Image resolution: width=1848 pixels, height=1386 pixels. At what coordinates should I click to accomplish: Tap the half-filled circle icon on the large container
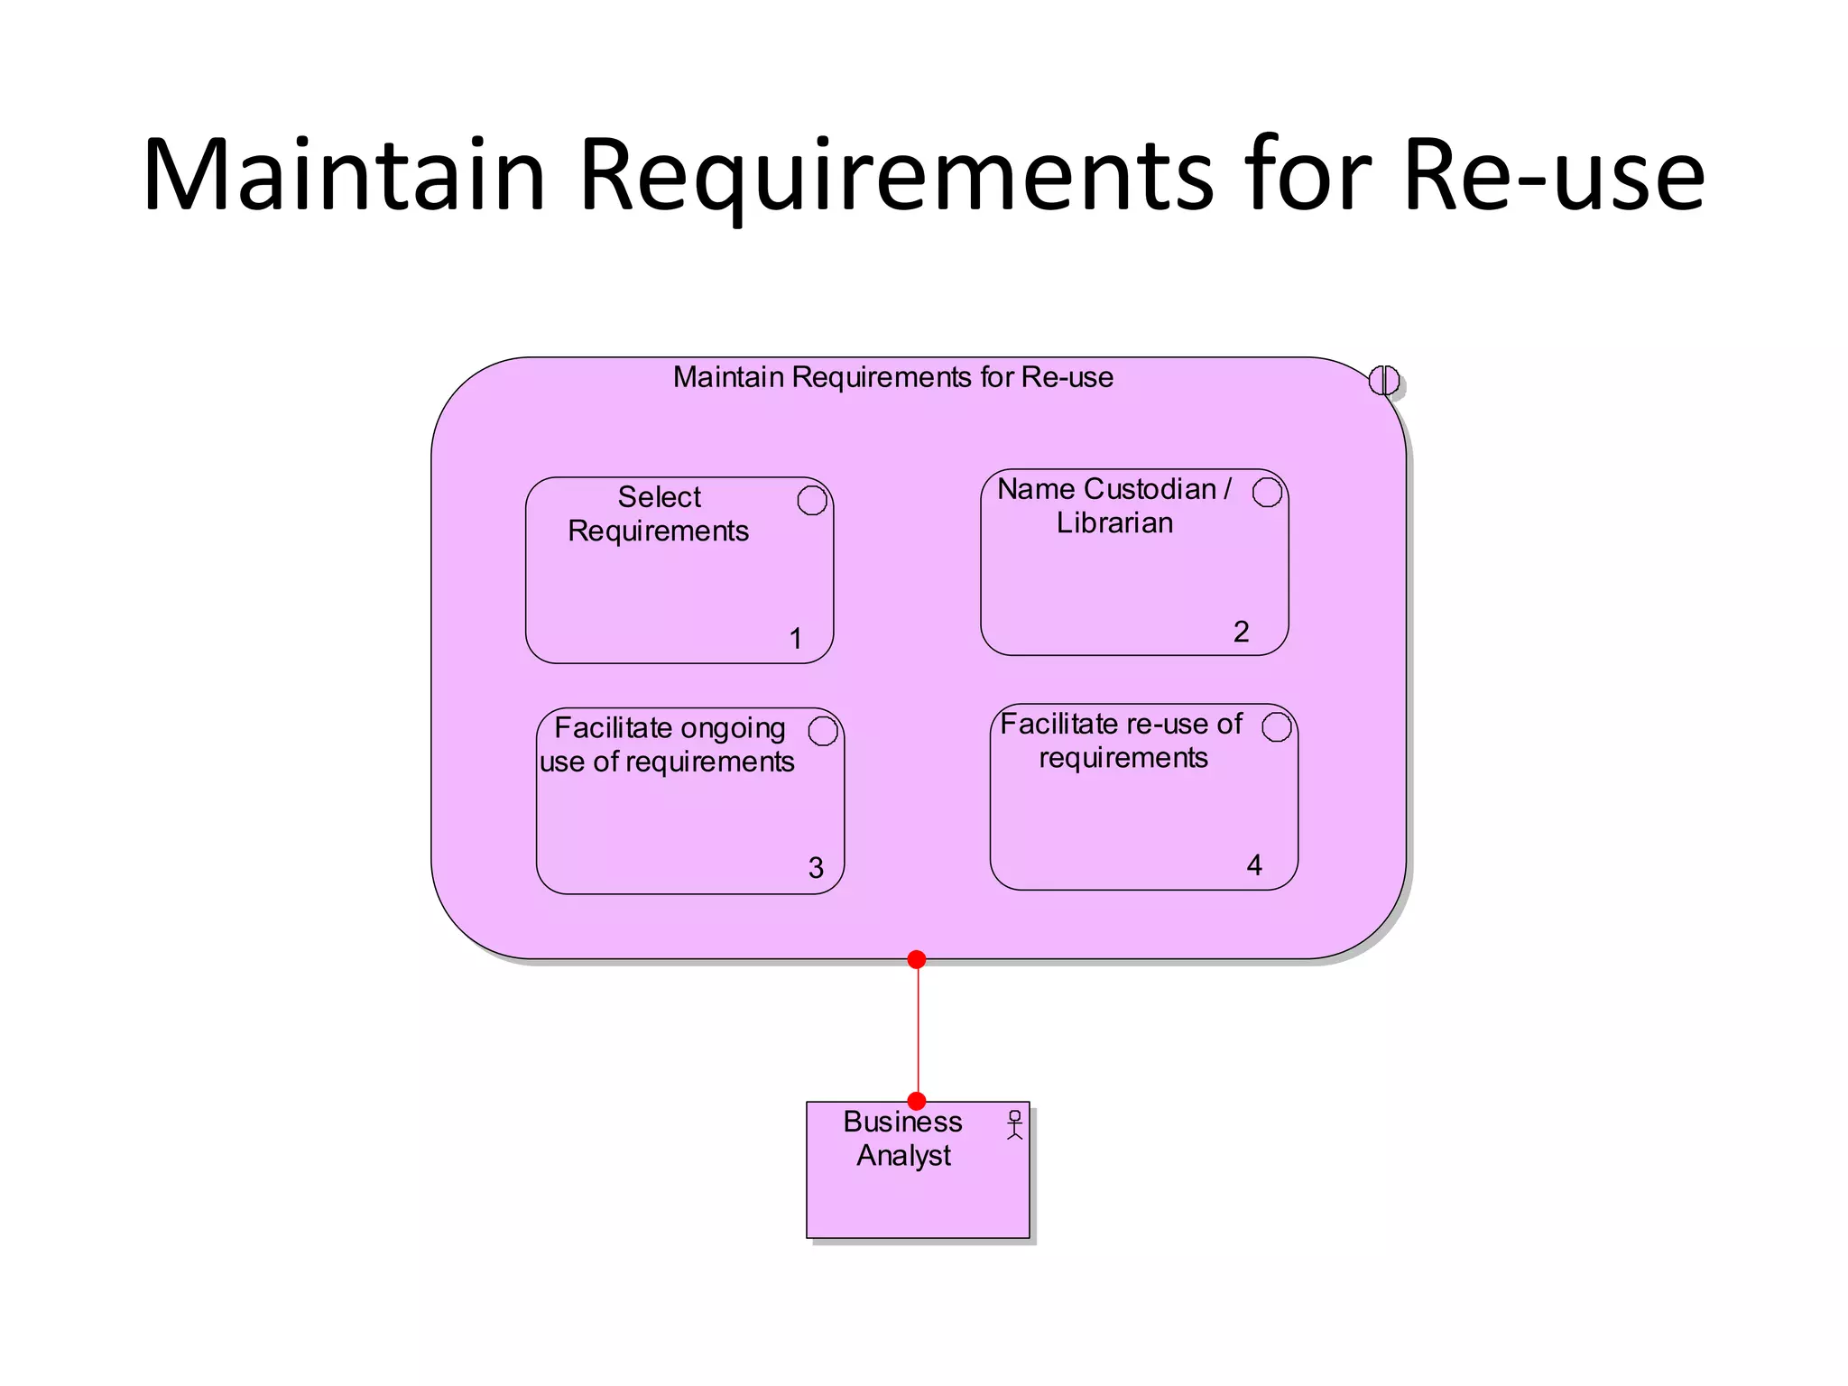tap(1383, 380)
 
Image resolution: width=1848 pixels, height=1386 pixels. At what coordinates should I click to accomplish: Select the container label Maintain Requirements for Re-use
tap(892, 377)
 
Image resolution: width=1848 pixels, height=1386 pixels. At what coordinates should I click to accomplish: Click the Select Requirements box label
tap(659, 513)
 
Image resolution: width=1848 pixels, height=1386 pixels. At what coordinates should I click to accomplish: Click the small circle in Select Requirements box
tap(812, 500)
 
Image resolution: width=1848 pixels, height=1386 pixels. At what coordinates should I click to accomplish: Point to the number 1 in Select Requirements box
tap(796, 638)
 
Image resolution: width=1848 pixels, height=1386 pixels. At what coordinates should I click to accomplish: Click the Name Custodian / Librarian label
tap(1114, 505)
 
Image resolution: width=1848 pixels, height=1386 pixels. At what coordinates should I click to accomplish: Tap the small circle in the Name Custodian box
tap(1267, 492)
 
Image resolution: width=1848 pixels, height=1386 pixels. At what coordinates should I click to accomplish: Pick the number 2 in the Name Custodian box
tap(1241, 631)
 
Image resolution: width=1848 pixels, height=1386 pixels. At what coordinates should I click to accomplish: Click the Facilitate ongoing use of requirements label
tap(668, 744)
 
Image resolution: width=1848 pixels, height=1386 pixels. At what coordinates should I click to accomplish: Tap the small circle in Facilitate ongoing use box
tap(823, 731)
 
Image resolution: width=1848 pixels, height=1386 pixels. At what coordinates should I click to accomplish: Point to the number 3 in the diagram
tap(816, 868)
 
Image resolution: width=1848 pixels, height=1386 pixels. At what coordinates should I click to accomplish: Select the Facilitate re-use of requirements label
tap(1122, 741)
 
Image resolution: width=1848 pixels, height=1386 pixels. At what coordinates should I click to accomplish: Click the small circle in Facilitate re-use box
tap(1276, 726)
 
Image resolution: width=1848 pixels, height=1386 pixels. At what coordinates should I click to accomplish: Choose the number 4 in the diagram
tap(1253, 865)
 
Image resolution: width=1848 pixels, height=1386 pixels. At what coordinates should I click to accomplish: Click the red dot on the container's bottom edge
tap(917, 959)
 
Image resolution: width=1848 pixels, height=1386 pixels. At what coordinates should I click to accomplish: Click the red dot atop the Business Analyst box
tap(917, 1101)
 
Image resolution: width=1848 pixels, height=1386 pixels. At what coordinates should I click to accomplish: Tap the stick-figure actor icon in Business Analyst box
tap(1014, 1124)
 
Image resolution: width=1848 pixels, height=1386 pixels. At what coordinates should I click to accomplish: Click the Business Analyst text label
tap(903, 1138)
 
